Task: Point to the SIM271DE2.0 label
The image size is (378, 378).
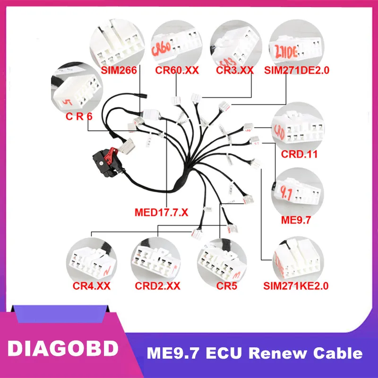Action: [297, 70]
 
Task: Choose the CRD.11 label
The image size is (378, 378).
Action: [300, 154]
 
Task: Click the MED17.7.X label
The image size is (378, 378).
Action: [161, 212]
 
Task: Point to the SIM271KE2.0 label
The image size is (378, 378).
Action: [296, 286]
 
